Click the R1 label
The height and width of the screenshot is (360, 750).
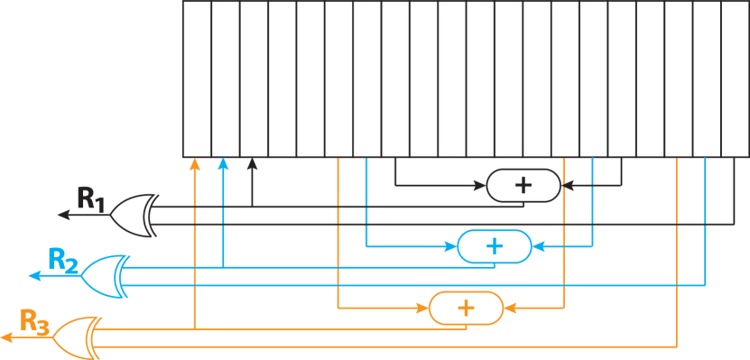pyautogui.click(x=90, y=198)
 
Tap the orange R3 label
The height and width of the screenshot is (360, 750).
pyautogui.click(x=34, y=321)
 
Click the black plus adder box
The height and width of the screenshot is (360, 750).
pyautogui.click(x=523, y=185)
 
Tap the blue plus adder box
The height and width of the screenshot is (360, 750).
pyautogui.click(x=494, y=245)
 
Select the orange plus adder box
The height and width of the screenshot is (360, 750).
pyautogui.click(x=465, y=308)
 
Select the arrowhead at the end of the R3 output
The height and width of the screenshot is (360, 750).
pyautogui.click(x=5, y=337)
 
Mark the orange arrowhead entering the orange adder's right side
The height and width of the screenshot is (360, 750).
pyautogui.click(x=507, y=308)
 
